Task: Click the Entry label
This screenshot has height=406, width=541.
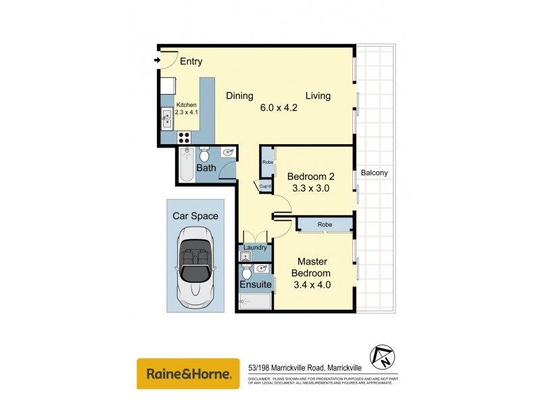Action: tap(191, 62)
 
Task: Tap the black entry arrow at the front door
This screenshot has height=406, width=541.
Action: tap(157, 61)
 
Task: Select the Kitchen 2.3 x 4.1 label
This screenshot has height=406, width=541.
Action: tap(186, 108)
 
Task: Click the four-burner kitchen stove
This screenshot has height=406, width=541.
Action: tap(185, 137)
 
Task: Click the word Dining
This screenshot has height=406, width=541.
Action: tap(239, 95)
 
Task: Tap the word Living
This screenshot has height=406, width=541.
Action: tap(317, 95)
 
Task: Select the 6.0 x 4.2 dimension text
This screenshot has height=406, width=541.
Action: tap(279, 107)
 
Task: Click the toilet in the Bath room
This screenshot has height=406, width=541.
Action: tap(204, 155)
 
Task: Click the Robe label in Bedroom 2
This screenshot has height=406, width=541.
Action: tap(266, 162)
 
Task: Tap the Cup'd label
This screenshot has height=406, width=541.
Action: tap(266, 187)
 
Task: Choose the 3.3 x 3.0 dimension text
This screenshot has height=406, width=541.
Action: tap(310, 189)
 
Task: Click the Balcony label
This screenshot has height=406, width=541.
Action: tap(374, 173)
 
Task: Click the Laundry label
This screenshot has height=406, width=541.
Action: tap(256, 248)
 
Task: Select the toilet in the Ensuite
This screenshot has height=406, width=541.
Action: tap(247, 272)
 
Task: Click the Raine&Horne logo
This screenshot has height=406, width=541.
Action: tap(188, 374)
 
